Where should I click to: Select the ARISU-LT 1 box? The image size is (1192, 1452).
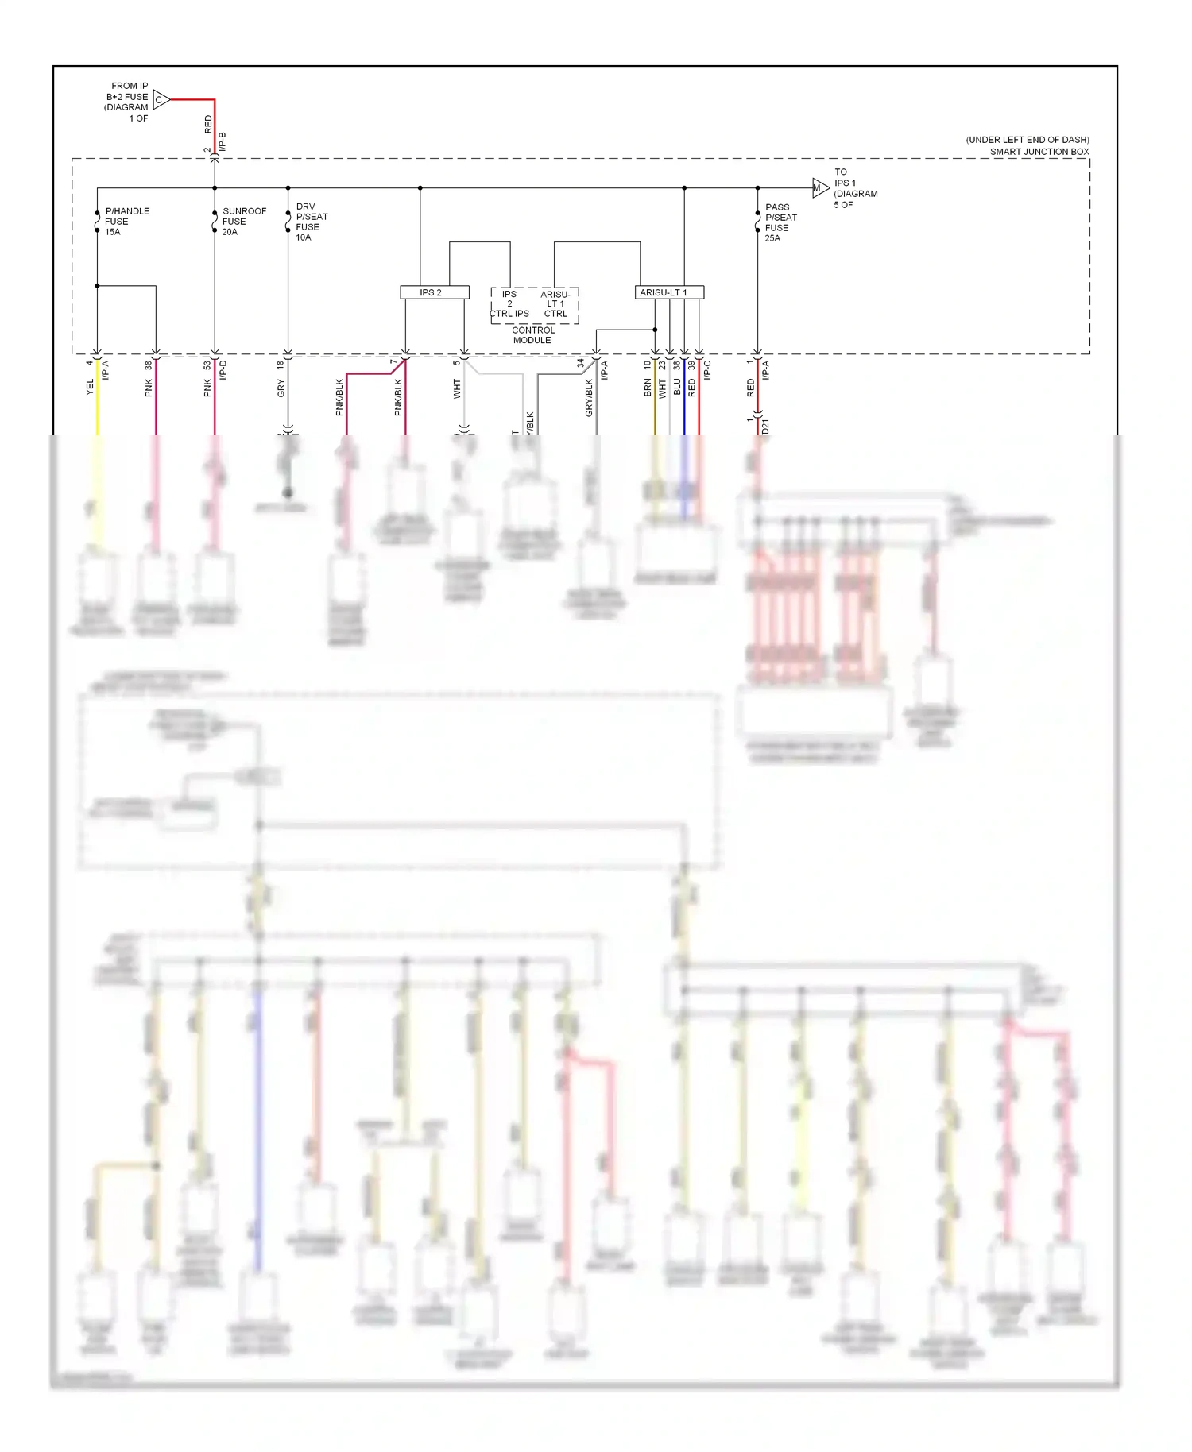[669, 292]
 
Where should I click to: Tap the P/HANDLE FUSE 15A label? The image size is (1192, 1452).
[126, 222]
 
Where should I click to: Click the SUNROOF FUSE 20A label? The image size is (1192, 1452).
[243, 222]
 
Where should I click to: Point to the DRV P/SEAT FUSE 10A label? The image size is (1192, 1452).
[311, 222]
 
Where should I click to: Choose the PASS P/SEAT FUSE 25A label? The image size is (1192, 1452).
[780, 222]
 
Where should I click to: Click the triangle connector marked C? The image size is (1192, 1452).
[161, 99]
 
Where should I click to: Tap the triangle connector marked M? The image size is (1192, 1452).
[819, 188]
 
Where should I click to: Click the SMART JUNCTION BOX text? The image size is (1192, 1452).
[1039, 152]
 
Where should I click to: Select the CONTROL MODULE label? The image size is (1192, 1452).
[532, 334]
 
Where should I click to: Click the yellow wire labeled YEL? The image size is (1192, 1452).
[98, 397]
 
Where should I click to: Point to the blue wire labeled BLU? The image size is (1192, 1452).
[684, 397]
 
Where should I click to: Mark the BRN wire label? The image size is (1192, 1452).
[648, 388]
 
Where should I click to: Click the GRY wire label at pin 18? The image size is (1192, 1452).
[281, 388]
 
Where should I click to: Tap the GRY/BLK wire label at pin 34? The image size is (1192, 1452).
[589, 397]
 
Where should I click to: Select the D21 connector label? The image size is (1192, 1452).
[765, 427]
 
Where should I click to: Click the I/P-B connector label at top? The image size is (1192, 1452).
[223, 141]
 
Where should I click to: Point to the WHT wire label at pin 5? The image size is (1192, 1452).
[457, 388]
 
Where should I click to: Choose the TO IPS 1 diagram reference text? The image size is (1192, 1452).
[854, 188]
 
